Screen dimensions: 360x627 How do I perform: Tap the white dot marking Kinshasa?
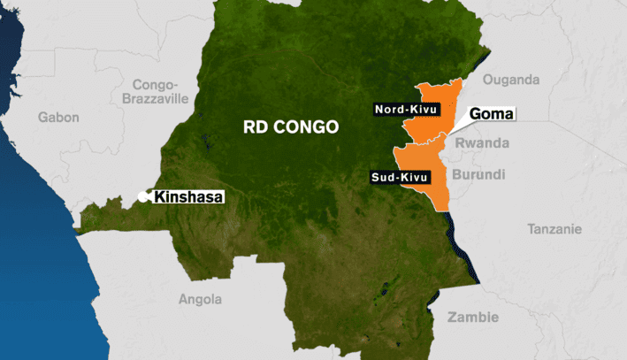click(145, 197)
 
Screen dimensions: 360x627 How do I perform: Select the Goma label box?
click(492, 113)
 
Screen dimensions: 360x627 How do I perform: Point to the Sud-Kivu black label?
click(399, 177)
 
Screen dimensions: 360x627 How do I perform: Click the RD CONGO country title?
click(290, 126)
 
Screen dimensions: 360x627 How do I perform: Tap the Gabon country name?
click(58, 116)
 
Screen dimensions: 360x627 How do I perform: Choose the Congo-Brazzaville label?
click(160, 92)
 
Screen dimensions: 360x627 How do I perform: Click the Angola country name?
click(200, 299)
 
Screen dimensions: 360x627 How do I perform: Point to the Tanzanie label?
click(554, 229)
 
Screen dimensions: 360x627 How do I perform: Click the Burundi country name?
click(478, 173)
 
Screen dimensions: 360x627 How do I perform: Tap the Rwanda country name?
click(482, 142)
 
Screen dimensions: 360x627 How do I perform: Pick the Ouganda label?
click(511, 80)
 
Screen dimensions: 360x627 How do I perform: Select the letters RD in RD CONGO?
click(253, 126)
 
